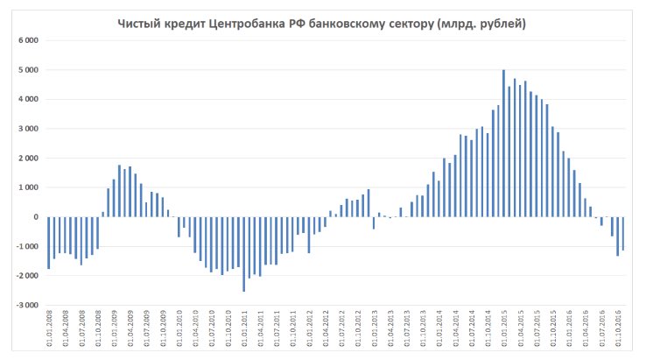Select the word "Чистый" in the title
pyautogui.click(x=140, y=24)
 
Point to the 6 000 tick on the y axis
pyautogui.click(x=28, y=41)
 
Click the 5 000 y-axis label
pyautogui.click(x=28, y=70)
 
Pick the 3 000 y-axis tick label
pyautogui.click(x=28, y=129)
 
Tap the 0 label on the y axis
pyautogui.click(x=35, y=217)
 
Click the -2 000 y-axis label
pyautogui.click(x=26, y=276)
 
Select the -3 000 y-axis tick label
pyautogui.click(x=26, y=306)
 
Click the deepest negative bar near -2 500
pyautogui.click(x=244, y=254)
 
